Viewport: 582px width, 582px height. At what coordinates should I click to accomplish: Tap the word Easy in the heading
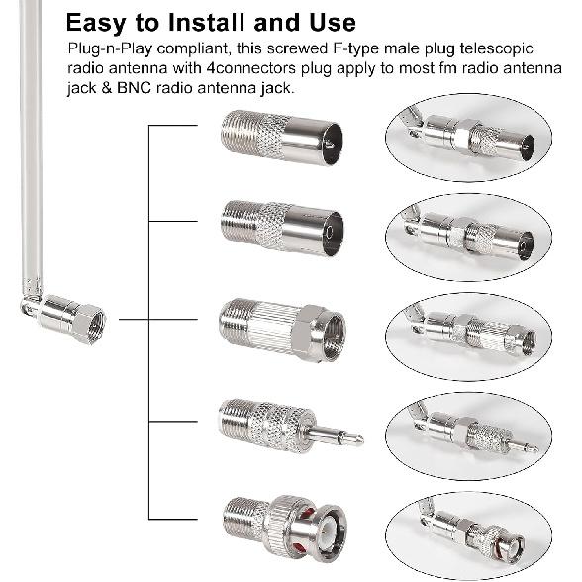[x=100, y=23]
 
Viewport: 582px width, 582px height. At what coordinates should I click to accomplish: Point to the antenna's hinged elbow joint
[x=34, y=304]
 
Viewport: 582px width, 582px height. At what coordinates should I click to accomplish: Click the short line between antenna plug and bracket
[x=134, y=319]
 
